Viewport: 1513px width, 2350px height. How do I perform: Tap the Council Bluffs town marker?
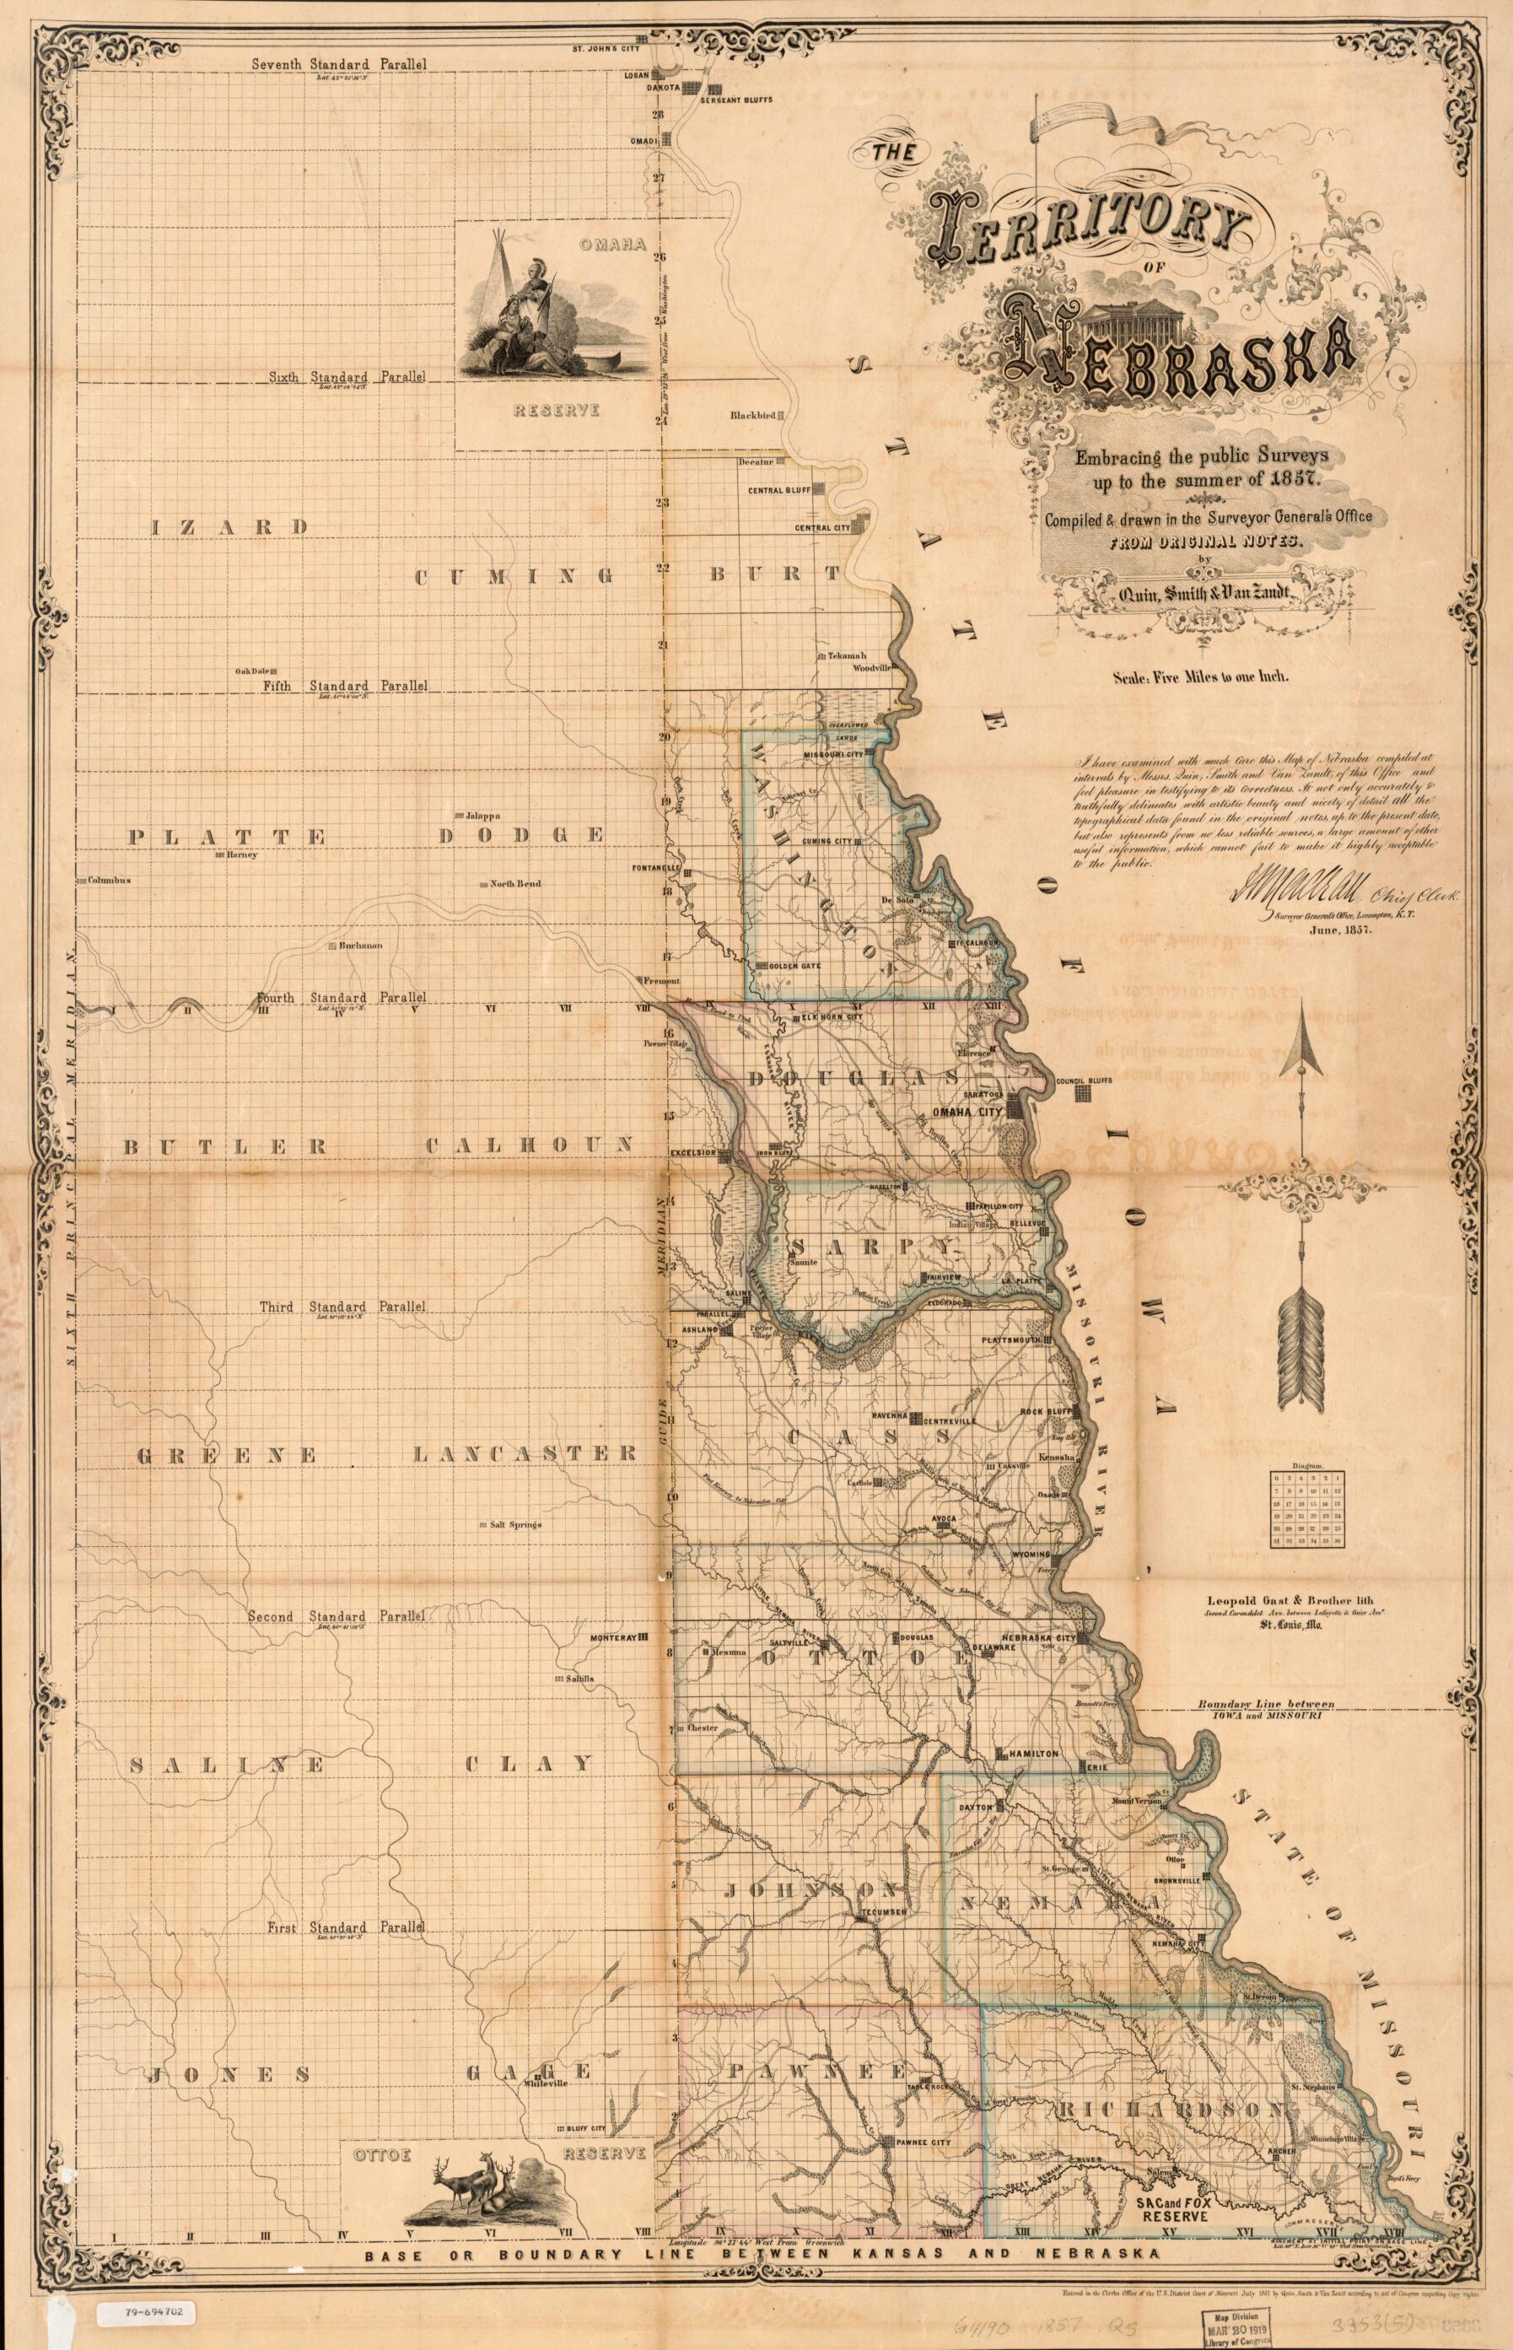[x=1082, y=1093]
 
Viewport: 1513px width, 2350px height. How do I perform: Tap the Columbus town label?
[x=108, y=881]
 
